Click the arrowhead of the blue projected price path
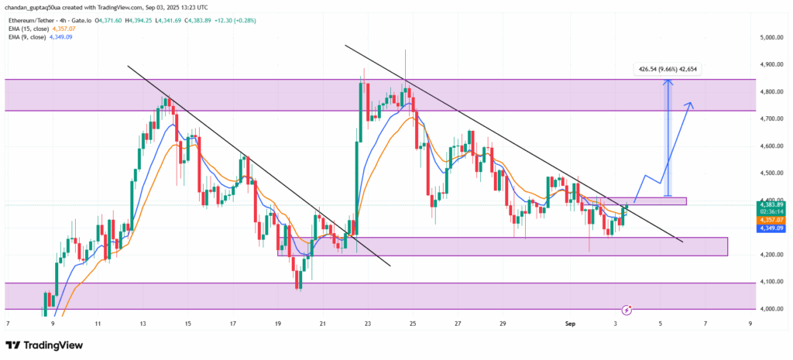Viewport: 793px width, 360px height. tap(692, 104)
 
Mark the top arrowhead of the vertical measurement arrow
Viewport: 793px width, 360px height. tap(668, 81)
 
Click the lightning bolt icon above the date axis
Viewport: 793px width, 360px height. tap(627, 309)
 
